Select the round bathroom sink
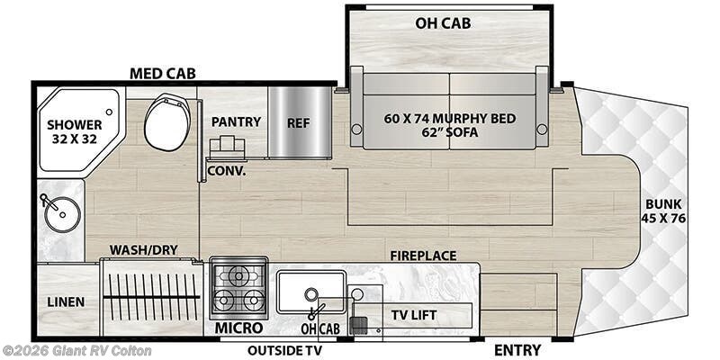pyautogui.click(x=60, y=212)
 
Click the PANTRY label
pyautogui.click(x=236, y=121)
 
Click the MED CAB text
pyautogui.click(x=163, y=73)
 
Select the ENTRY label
pyautogui.click(x=517, y=349)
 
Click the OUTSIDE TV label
pyautogui.click(x=288, y=349)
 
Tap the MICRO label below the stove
pyautogui.click(x=238, y=328)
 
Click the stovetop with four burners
pyautogui.click(x=238, y=286)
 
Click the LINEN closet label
pyautogui.click(x=67, y=301)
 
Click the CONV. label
pyautogui.click(x=226, y=168)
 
